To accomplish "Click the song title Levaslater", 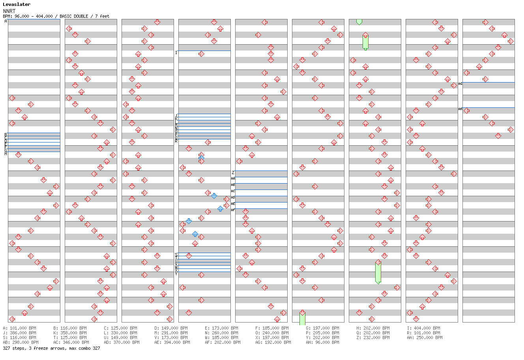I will [17, 4].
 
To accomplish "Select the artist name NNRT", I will [9, 11].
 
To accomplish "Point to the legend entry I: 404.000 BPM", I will [423, 328].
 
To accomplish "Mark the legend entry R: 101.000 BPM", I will [423, 333].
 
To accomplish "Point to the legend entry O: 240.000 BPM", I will [272, 333].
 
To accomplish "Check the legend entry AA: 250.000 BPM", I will [425, 337].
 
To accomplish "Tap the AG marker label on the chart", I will [460, 84].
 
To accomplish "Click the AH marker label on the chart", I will [460, 109].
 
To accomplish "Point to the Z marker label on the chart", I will [233, 173].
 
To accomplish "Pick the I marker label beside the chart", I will [176, 52].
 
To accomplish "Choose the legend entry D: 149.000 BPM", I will [171, 328].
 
